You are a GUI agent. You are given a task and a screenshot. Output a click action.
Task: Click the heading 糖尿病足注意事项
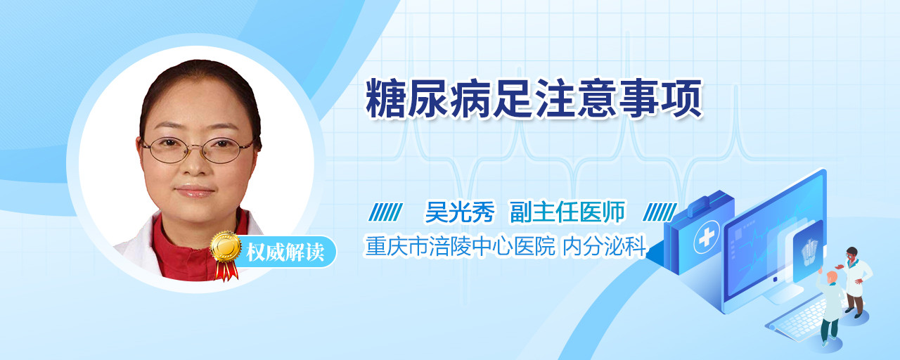pyautogui.click(x=534, y=98)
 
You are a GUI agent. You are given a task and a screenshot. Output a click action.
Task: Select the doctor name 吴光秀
pyautogui.click(x=460, y=212)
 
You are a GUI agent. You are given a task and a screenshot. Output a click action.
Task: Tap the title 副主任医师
pyautogui.click(x=567, y=212)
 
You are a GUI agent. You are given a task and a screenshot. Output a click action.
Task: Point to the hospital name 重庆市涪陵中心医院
pyautogui.click(x=460, y=246)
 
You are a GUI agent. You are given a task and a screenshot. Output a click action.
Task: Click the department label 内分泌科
pyautogui.click(x=604, y=246)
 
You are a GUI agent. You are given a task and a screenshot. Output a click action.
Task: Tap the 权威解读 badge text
pyautogui.click(x=285, y=252)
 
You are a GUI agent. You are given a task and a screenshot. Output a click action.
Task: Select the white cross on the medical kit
pyautogui.click(x=707, y=238)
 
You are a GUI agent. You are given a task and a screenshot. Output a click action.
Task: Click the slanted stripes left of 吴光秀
pyautogui.click(x=386, y=212)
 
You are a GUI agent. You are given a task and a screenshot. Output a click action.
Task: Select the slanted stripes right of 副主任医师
pyautogui.click(x=660, y=212)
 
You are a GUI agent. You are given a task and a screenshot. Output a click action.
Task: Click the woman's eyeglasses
pyautogui.click(x=198, y=150)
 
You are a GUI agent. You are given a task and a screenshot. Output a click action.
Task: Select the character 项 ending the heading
pyautogui.click(x=682, y=98)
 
